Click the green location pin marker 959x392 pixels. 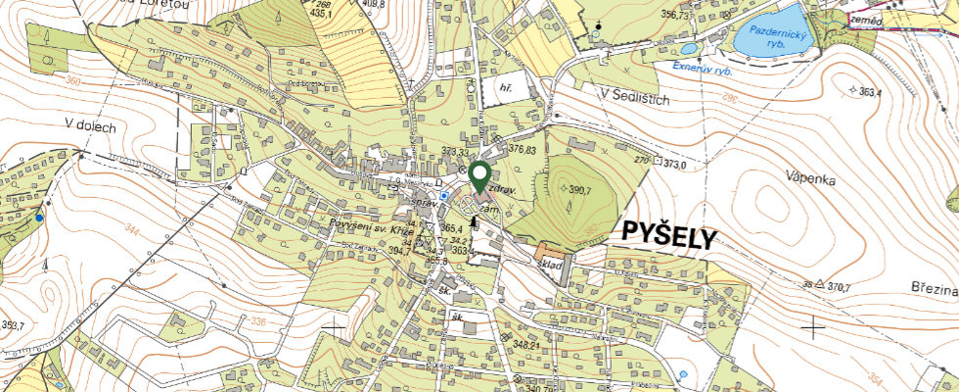(479, 177)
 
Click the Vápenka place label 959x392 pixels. (807, 177)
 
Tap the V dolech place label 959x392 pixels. (91, 125)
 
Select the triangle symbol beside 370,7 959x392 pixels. (822, 286)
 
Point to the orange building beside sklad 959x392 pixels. (543, 253)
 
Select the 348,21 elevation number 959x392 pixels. (526, 346)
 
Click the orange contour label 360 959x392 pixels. (73, 81)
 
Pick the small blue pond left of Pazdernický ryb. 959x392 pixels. (689, 48)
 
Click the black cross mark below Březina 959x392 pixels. (813, 326)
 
